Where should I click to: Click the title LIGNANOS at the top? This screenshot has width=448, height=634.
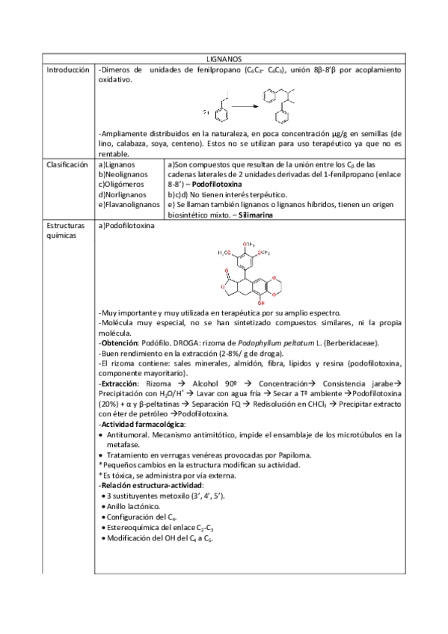[224, 58]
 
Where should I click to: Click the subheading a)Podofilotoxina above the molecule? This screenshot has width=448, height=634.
[126, 225]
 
